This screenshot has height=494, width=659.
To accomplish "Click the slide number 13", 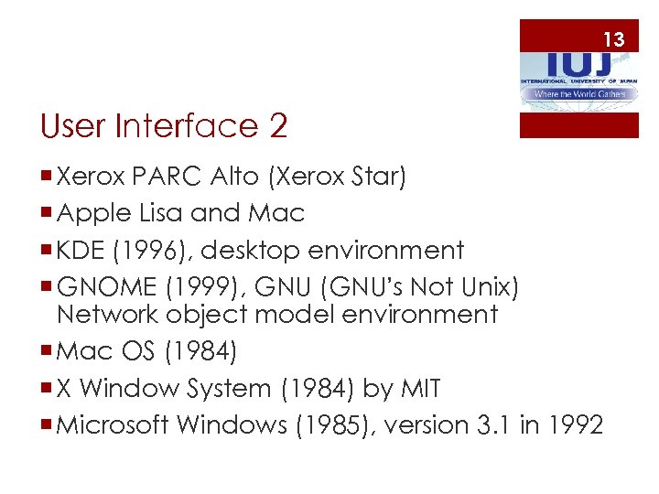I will point(613,39).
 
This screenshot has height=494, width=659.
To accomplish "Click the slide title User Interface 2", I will point(165,126).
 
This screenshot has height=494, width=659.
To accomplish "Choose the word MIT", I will point(421,389).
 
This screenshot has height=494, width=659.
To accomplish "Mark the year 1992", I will point(578,425).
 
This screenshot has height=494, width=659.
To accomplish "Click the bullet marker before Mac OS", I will point(46,352).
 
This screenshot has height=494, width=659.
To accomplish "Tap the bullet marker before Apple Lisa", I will point(46,214).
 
